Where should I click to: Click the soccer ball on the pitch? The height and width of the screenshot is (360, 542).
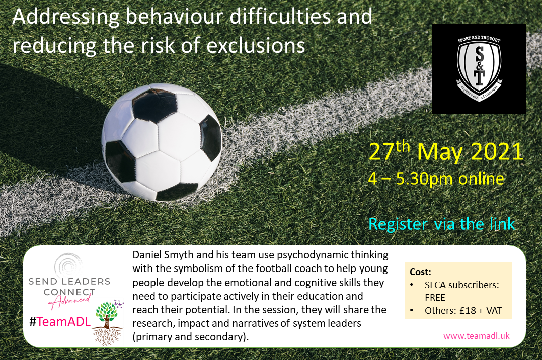click(162, 142)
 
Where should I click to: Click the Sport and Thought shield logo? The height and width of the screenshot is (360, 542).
click(479, 68)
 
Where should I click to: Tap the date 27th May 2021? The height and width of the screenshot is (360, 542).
click(446, 151)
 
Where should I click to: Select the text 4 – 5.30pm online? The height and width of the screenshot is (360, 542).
click(436, 178)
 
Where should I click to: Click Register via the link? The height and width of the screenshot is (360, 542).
click(441, 224)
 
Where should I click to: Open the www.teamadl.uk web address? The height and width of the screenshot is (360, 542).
click(476, 336)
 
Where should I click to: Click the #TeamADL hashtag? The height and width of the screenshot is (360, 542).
click(60, 322)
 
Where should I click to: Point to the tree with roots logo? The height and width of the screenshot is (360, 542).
click(108, 323)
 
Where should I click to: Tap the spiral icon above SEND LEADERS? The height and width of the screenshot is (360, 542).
click(68, 265)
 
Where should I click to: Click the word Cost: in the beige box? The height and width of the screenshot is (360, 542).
click(420, 272)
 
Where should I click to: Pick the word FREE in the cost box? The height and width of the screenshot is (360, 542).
click(435, 298)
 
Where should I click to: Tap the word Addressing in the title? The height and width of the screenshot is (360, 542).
click(66, 18)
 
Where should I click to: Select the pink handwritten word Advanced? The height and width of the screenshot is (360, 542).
click(70, 301)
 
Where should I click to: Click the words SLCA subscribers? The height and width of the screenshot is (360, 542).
click(462, 285)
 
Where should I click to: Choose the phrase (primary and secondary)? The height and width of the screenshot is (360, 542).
click(191, 337)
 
